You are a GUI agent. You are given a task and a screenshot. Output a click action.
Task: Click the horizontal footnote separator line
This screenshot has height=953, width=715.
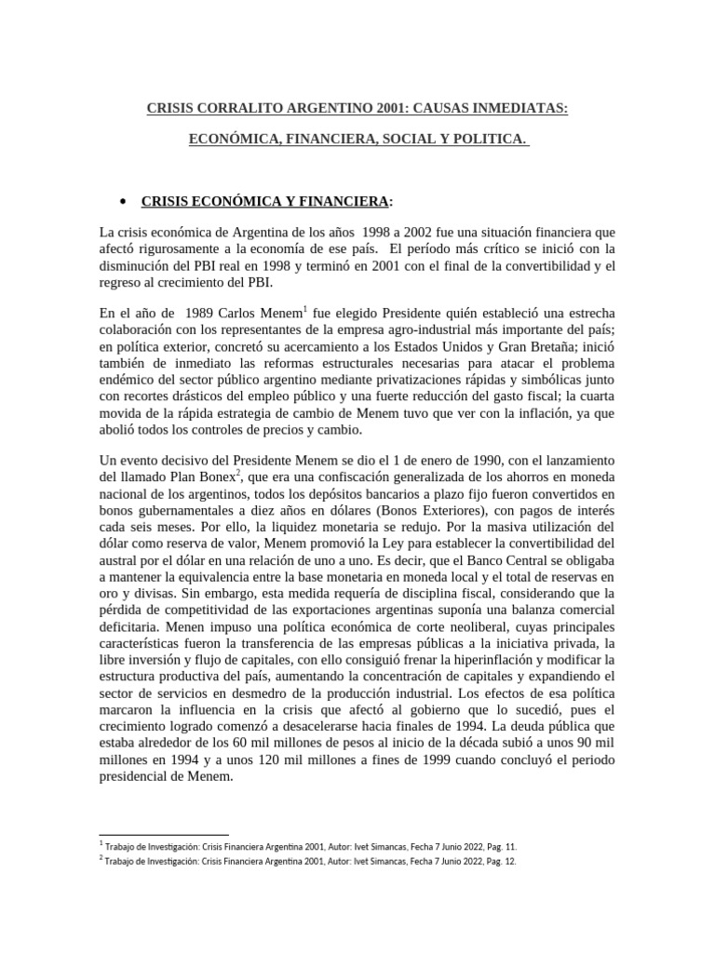(x=163, y=835)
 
